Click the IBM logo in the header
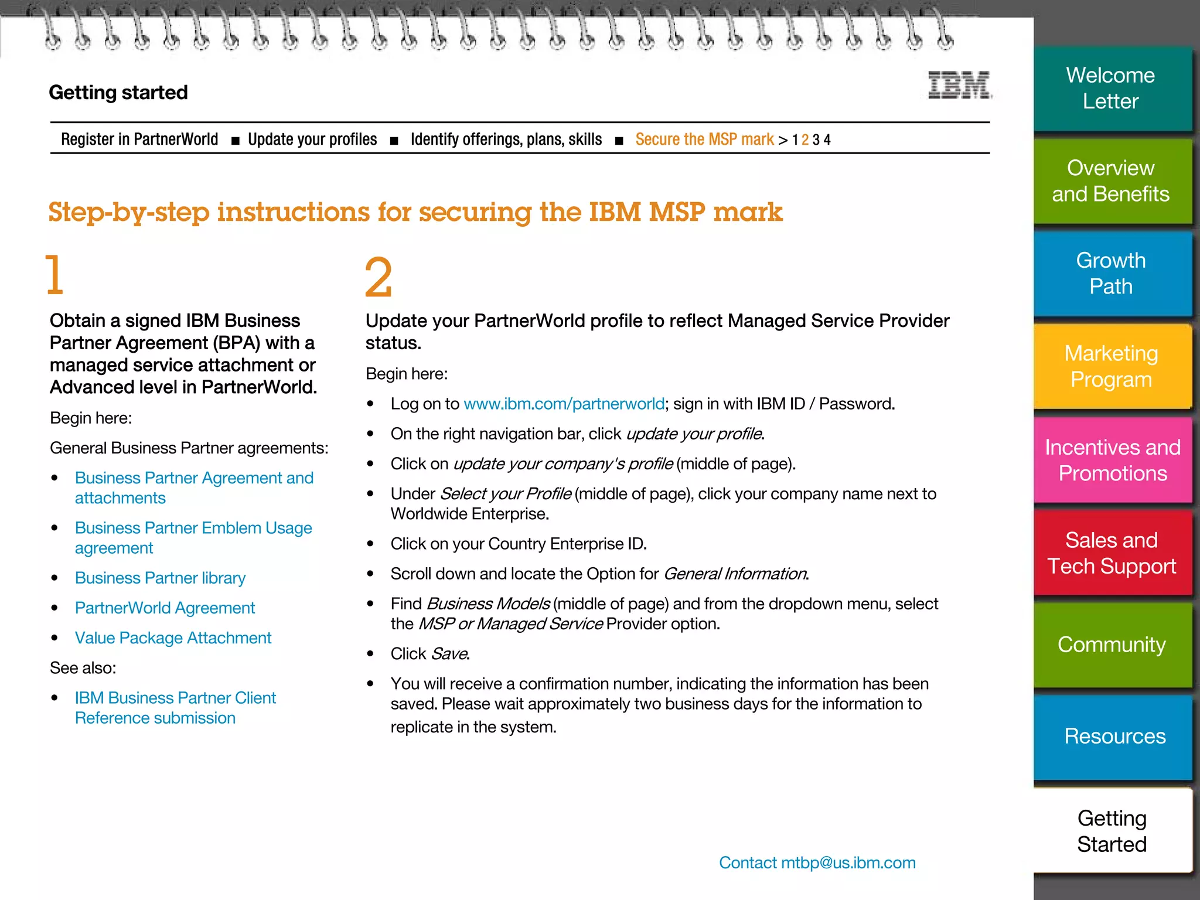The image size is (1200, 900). pos(959,86)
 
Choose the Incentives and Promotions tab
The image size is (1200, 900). pos(1112,461)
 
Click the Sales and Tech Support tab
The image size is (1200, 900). pos(1111,553)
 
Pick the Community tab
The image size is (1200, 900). pos(1111,645)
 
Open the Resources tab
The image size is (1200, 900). pos(1114,737)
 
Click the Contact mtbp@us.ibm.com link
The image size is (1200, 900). pos(817,862)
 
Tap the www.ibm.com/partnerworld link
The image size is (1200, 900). pos(564,404)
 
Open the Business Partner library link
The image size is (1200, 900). pos(160,578)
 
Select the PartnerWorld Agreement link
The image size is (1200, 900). pos(165,608)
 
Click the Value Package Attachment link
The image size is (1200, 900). pos(173,637)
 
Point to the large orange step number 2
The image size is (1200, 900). pos(378,277)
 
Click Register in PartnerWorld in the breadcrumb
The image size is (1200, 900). pos(139,139)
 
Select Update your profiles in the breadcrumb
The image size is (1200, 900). pos(312,139)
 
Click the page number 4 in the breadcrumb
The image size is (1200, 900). pos(827,140)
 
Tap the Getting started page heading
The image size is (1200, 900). pos(118,93)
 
